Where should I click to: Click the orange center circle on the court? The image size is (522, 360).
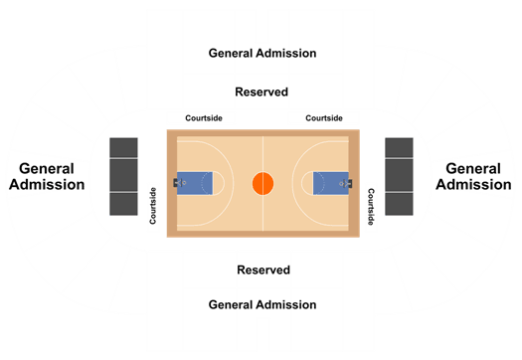[263, 183]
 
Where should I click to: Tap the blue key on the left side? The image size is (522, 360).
[195, 183]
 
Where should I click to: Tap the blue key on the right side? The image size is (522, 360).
[331, 183]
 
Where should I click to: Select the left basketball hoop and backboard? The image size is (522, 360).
[179, 183]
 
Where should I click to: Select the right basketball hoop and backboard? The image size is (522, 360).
[346, 183]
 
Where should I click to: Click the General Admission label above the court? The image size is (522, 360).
[262, 54]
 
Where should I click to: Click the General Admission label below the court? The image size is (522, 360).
[262, 304]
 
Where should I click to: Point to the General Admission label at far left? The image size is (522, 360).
[47, 176]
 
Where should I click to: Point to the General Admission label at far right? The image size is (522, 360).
[473, 176]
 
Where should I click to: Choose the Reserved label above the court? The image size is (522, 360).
[261, 91]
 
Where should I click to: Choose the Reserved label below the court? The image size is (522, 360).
[263, 270]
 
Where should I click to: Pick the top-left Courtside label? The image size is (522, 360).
[204, 118]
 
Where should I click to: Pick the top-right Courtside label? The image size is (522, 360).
[324, 118]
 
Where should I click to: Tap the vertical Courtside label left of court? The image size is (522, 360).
[153, 206]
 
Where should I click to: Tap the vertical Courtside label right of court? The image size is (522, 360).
[371, 207]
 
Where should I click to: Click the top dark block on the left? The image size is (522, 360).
[124, 147]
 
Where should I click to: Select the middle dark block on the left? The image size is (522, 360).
[124, 175]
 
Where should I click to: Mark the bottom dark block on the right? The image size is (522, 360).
[399, 204]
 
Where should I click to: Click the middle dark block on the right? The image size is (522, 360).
[399, 175]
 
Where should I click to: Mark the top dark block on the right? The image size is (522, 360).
[399, 147]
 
